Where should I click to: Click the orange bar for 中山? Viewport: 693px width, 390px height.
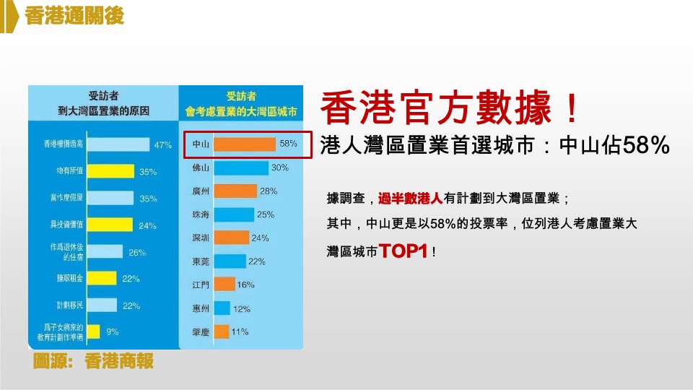pos(244,144)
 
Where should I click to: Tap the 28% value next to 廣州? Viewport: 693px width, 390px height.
pos(269,191)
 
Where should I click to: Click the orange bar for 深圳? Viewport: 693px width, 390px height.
pos(231,238)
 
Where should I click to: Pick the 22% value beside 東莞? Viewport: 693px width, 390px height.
pos(257,261)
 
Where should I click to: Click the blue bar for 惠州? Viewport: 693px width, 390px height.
pos(222,308)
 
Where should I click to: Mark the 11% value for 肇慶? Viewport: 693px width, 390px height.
pos(240,331)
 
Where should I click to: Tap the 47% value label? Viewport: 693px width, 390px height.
pos(163,145)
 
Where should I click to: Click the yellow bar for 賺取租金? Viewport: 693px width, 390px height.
pos(103,278)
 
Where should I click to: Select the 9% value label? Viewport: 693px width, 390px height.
pos(113,331)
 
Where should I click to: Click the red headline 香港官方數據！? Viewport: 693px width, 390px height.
pos(449,109)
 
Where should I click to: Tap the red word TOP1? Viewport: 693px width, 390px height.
pos(404,251)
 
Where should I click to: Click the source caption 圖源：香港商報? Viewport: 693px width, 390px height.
pos(93,361)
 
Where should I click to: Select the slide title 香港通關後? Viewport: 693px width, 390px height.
pos(73,17)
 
